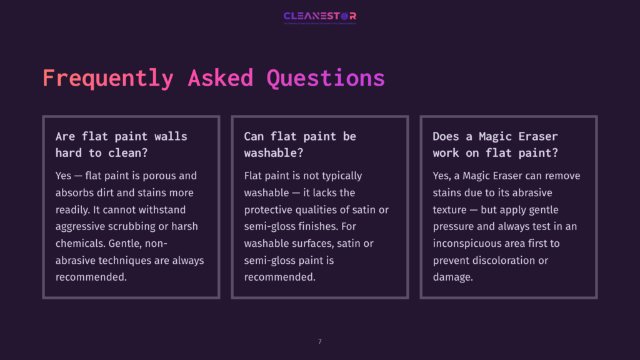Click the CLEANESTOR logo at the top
pyautogui.click(x=319, y=16)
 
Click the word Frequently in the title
pyautogui.click(x=107, y=78)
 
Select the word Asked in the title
pyautogui.click(x=220, y=78)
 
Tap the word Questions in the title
pyautogui.click(x=325, y=78)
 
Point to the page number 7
pyautogui.click(x=320, y=341)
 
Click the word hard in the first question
pyautogui.click(x=69, y=152)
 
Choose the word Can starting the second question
pyautogui.click(x=254, y=136)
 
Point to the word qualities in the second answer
pyautogui.click(x=321, y=209)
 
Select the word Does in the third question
pyautogui.click(x=446, y=136)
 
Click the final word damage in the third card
pyautogui.click(x=451, y=277)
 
